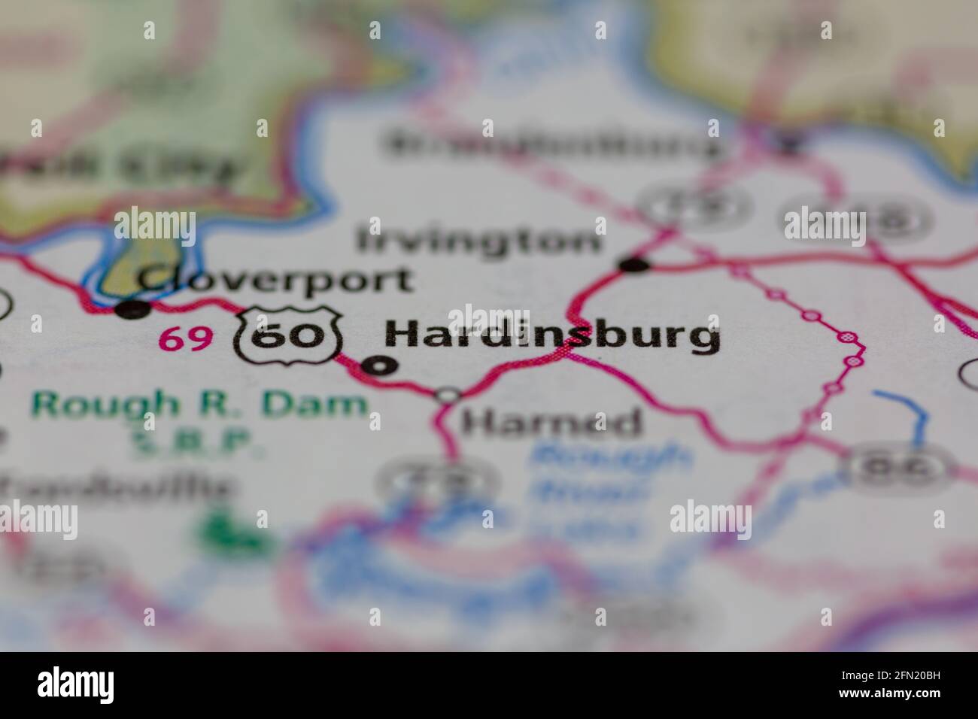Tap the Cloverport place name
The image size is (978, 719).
[x=275, y=280]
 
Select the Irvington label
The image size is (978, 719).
[x=479, y=241]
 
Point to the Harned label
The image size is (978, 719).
[x=551, y=423]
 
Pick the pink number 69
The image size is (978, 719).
[x=184, y=340]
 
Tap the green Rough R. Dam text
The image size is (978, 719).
[x=199, y=405]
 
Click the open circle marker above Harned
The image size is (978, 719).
[x=449, y=394]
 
